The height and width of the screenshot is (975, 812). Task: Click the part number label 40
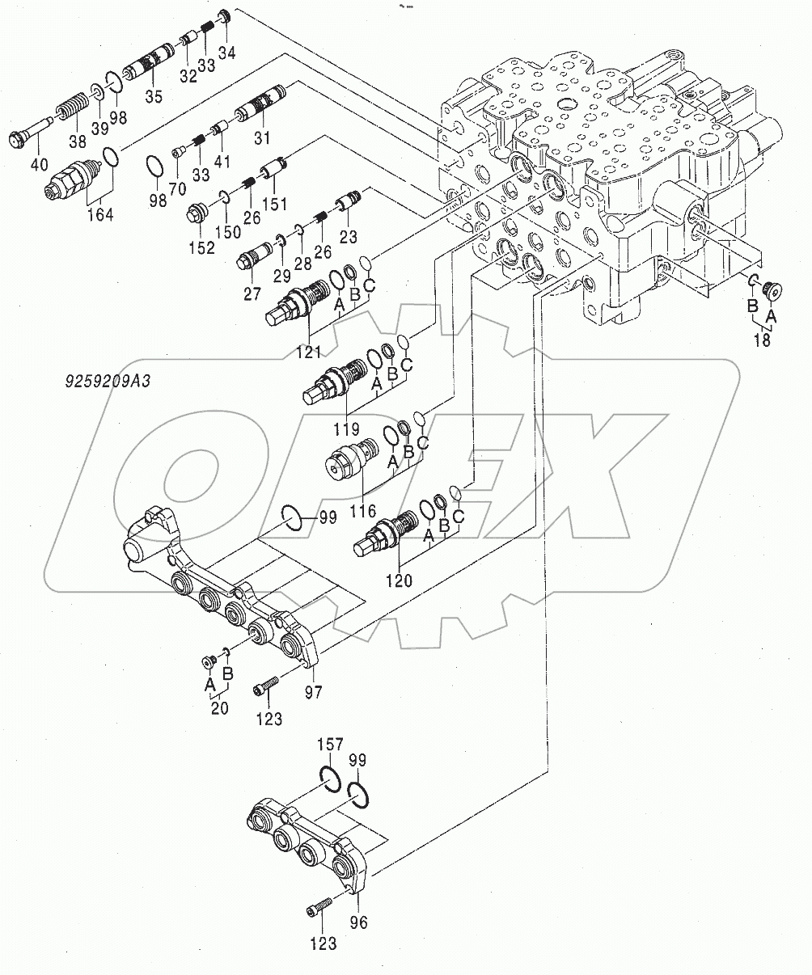39,166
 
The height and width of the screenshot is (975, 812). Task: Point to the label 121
308,352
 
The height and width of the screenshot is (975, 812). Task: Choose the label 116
363,511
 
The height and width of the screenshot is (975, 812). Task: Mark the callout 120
399,580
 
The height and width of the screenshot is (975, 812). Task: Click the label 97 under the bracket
313,692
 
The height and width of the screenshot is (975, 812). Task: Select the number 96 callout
358,922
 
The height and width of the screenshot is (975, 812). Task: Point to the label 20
218,708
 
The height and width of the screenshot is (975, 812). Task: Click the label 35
154,96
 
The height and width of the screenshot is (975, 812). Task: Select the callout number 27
254,292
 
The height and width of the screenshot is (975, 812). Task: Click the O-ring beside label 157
330,779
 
